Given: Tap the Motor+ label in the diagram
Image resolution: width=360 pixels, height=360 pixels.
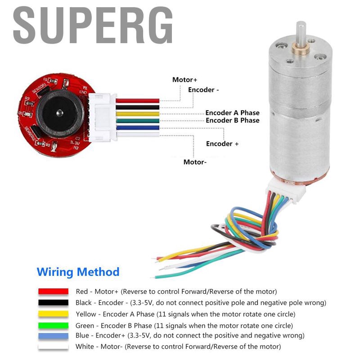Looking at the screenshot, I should point(184,80).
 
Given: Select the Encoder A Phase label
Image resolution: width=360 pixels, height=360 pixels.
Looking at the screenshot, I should point(232,113).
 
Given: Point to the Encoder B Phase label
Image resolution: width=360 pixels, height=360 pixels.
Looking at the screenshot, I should point(232,121).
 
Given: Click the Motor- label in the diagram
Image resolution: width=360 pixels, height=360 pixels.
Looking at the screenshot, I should point(195,162).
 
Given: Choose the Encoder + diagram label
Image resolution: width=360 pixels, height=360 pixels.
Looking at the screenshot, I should point(222,144).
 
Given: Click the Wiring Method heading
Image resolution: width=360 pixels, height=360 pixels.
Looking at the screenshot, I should point(78,272).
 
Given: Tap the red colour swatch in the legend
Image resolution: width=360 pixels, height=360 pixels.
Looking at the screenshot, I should point(53,292).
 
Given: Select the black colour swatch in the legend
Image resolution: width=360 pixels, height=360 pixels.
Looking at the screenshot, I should point(53,303).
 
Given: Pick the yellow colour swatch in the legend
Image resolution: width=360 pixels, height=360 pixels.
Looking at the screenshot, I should point(53,314).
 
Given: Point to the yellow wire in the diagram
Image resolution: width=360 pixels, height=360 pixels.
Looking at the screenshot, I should point(138,114).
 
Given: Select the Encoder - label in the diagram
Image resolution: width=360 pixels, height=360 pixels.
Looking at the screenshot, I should point(203,90).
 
